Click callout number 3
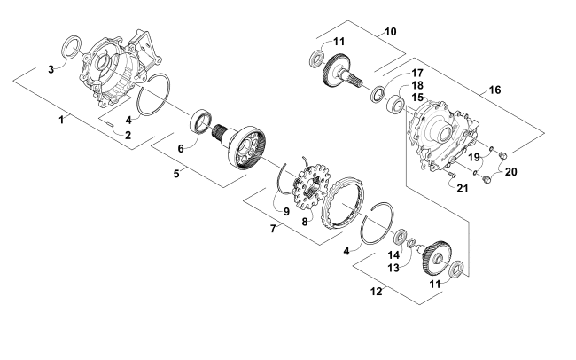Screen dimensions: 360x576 (x=51, y=68)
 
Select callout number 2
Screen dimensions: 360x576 (x=128, y=135)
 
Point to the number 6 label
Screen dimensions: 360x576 (x=183, y=150)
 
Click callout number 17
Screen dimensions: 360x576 (x=416, y=74)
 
